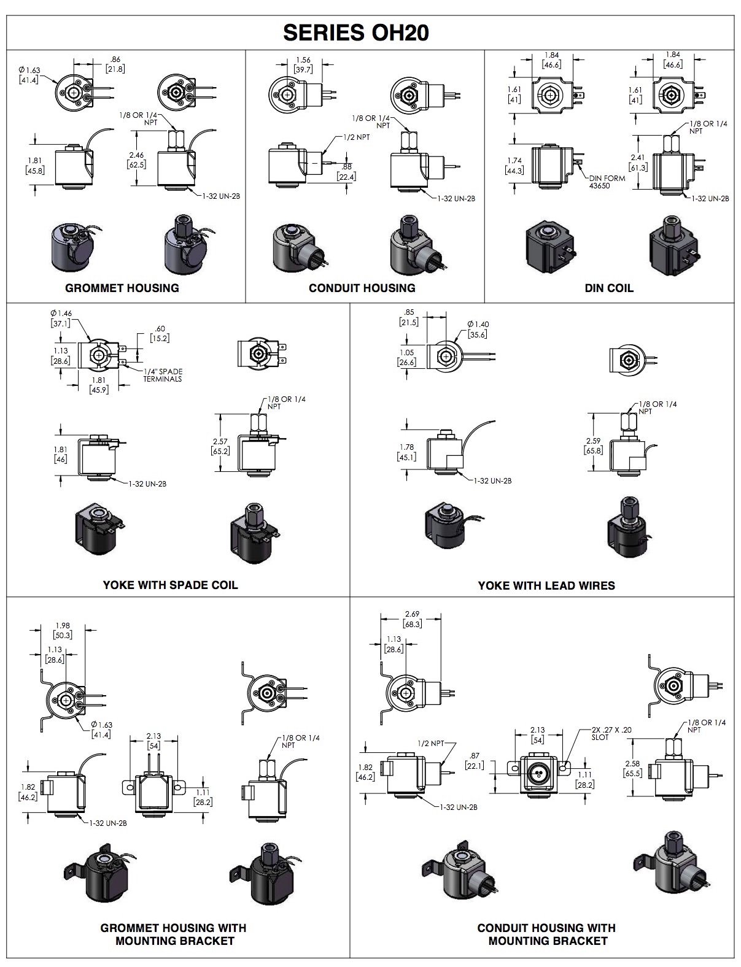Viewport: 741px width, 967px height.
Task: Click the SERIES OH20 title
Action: coord(355,33)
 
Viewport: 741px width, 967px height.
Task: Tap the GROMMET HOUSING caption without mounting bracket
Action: coord(122,288)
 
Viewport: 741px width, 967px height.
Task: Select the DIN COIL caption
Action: coord(609,288)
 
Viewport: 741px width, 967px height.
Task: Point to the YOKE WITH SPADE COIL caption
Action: coord(170,585)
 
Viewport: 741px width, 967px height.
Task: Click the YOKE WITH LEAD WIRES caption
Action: coord(546,585)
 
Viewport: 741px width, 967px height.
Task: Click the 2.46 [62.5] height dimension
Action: coord(136,160)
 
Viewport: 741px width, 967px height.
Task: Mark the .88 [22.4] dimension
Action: coord(346,172)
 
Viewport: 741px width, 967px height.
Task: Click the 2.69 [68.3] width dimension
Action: coord(412,619)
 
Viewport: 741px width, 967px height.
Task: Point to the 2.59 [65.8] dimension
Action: coord(594,445)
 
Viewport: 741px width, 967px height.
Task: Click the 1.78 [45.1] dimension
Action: coord(406,452)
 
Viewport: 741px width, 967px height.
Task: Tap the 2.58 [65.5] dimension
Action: coord(632,768)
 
